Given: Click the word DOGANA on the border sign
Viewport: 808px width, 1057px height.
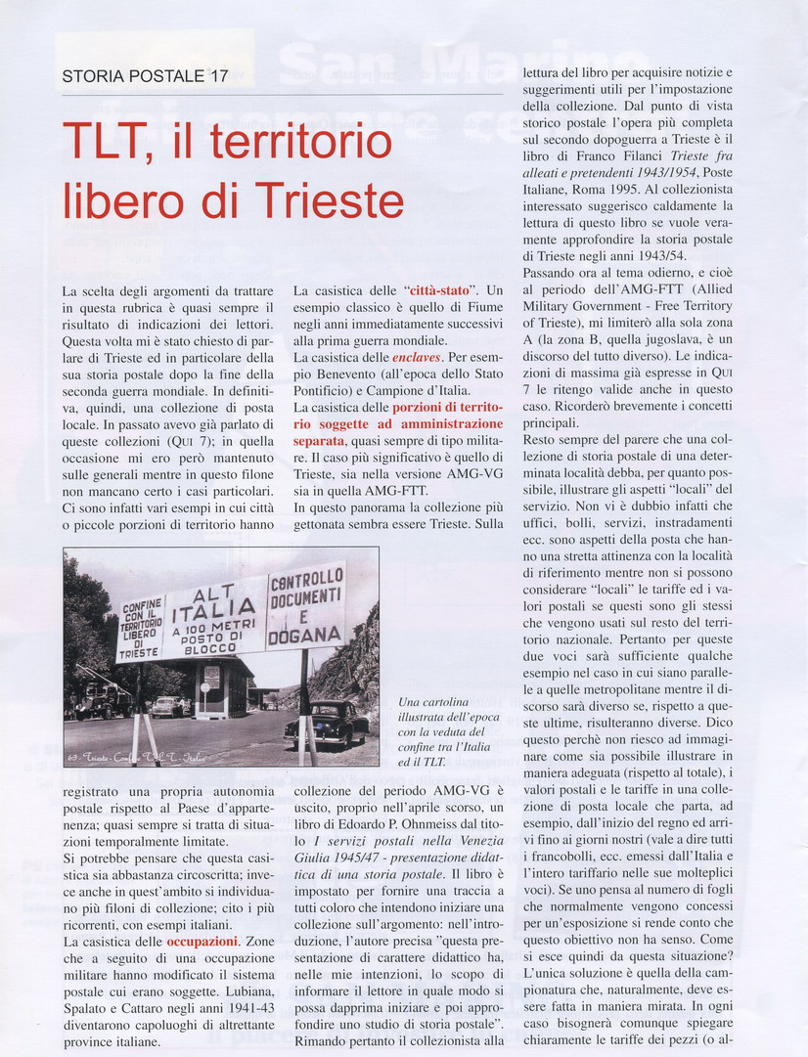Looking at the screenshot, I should click(306, 632).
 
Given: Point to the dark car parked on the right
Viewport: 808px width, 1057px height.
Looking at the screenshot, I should click(326, 723).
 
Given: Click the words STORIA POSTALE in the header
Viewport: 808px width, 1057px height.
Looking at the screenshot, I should click(132, 75).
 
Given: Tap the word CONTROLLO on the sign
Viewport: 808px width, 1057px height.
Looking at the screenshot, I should click(306, 579).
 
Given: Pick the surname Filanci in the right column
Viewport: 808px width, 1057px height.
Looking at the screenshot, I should click(646, 156).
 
